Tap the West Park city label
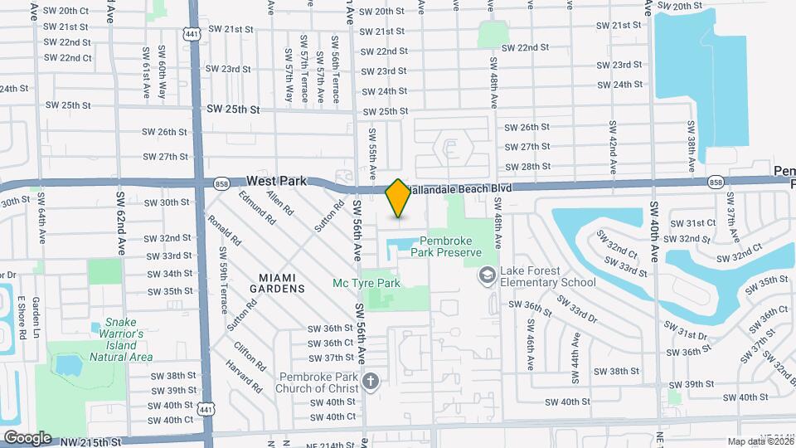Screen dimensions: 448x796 tap(277, 180)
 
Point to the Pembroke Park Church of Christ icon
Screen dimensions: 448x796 tap(370, 382)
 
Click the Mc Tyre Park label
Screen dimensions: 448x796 tap(366, 284)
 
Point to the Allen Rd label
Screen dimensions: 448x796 tap(279, 206)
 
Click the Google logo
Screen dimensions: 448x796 tap(27, 437)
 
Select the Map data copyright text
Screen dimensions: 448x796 tap(759, 441)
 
